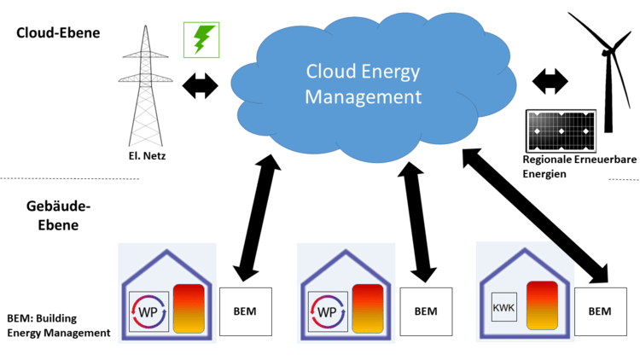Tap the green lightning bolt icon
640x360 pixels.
[201, 40]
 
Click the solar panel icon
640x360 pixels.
[561, 132]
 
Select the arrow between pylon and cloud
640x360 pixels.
[199, 85]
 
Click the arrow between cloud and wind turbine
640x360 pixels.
[550, 83]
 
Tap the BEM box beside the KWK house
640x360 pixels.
[600, 311]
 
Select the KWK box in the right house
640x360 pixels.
[504, 306]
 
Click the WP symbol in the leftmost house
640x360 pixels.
[148, 311]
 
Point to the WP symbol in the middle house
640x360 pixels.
[326, 311]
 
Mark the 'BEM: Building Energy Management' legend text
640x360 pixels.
[58, 325]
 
